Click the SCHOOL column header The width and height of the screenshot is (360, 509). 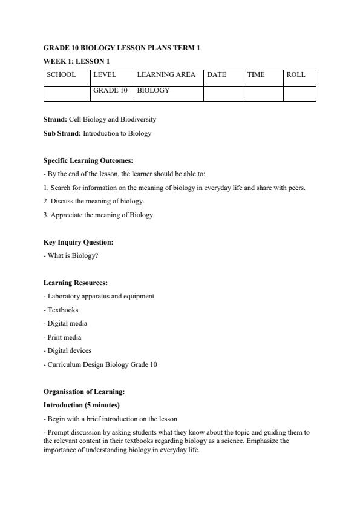click(x=61, y=75)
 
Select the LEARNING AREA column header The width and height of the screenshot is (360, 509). click(x=166, y=75)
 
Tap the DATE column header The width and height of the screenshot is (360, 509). click(x=217, y=75)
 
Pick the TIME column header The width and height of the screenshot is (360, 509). click(x=256, y=75)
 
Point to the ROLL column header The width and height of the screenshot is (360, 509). click(x=296, y=75)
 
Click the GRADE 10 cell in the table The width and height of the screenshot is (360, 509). click(x=110, y=90)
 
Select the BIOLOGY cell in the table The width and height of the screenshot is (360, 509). click(x=154, y=90)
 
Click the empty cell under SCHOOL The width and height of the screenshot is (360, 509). click(x=67, y=93)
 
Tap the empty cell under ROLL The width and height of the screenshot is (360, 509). click(x=299, y=93)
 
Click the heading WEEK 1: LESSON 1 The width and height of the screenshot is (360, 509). click(x=76, y=61)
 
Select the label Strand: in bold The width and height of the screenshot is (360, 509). click(x=55, y=120)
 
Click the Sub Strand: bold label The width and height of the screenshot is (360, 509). click(x=62, y=133)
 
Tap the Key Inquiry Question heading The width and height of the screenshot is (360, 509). click(x=78, y=242)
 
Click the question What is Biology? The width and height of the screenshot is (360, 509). click(x=73, y=255)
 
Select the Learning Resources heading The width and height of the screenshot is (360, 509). click(x=76, y=283)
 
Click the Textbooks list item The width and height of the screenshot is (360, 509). click(x=62, y=310)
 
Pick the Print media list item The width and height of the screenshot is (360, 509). click(x=64, y=337)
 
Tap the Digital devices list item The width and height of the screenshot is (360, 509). click(x=69, y=350)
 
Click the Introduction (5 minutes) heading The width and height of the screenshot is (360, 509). click(x=82, y=405)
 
